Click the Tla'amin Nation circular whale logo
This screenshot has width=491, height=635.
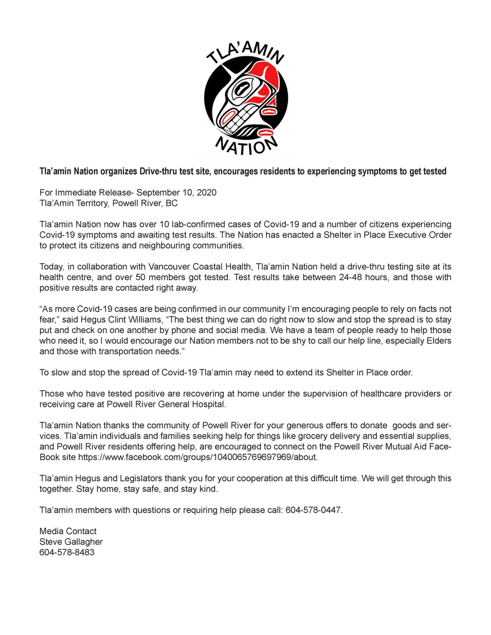point(246,97)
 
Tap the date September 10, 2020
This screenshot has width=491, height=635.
point(177,192)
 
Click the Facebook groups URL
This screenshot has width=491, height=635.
point(198,457)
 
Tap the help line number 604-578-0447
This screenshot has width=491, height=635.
point(314,510)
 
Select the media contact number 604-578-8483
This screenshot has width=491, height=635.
point(67,552)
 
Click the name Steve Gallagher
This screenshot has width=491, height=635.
point(71,542)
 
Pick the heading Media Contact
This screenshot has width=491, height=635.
point(68,531)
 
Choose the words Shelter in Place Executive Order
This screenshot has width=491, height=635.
point(387,235)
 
